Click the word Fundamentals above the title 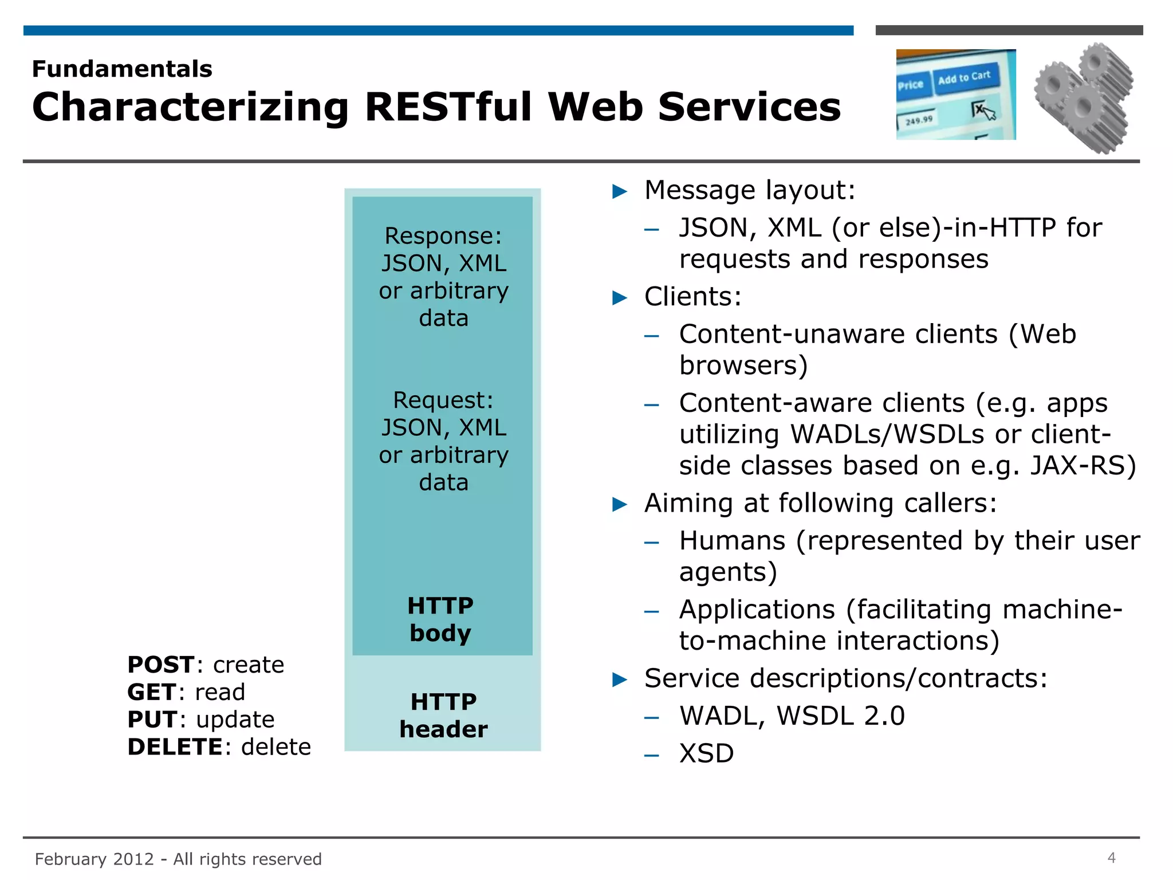coord(122,69)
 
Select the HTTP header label coord(443,715)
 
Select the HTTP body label coord(440,619)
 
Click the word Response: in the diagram coord(443,236)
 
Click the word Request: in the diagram coord(443,400)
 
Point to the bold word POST coord(160,665)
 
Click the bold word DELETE coord(175,747)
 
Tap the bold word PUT coord(152,720)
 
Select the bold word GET coord(151,692)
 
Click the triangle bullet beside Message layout coord(620,191)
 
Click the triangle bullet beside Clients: coord(620,298)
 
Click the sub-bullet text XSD coord(706,753)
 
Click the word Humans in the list coord(732,541)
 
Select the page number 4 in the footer coord(1111,858)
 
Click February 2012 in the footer coord(94,859)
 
